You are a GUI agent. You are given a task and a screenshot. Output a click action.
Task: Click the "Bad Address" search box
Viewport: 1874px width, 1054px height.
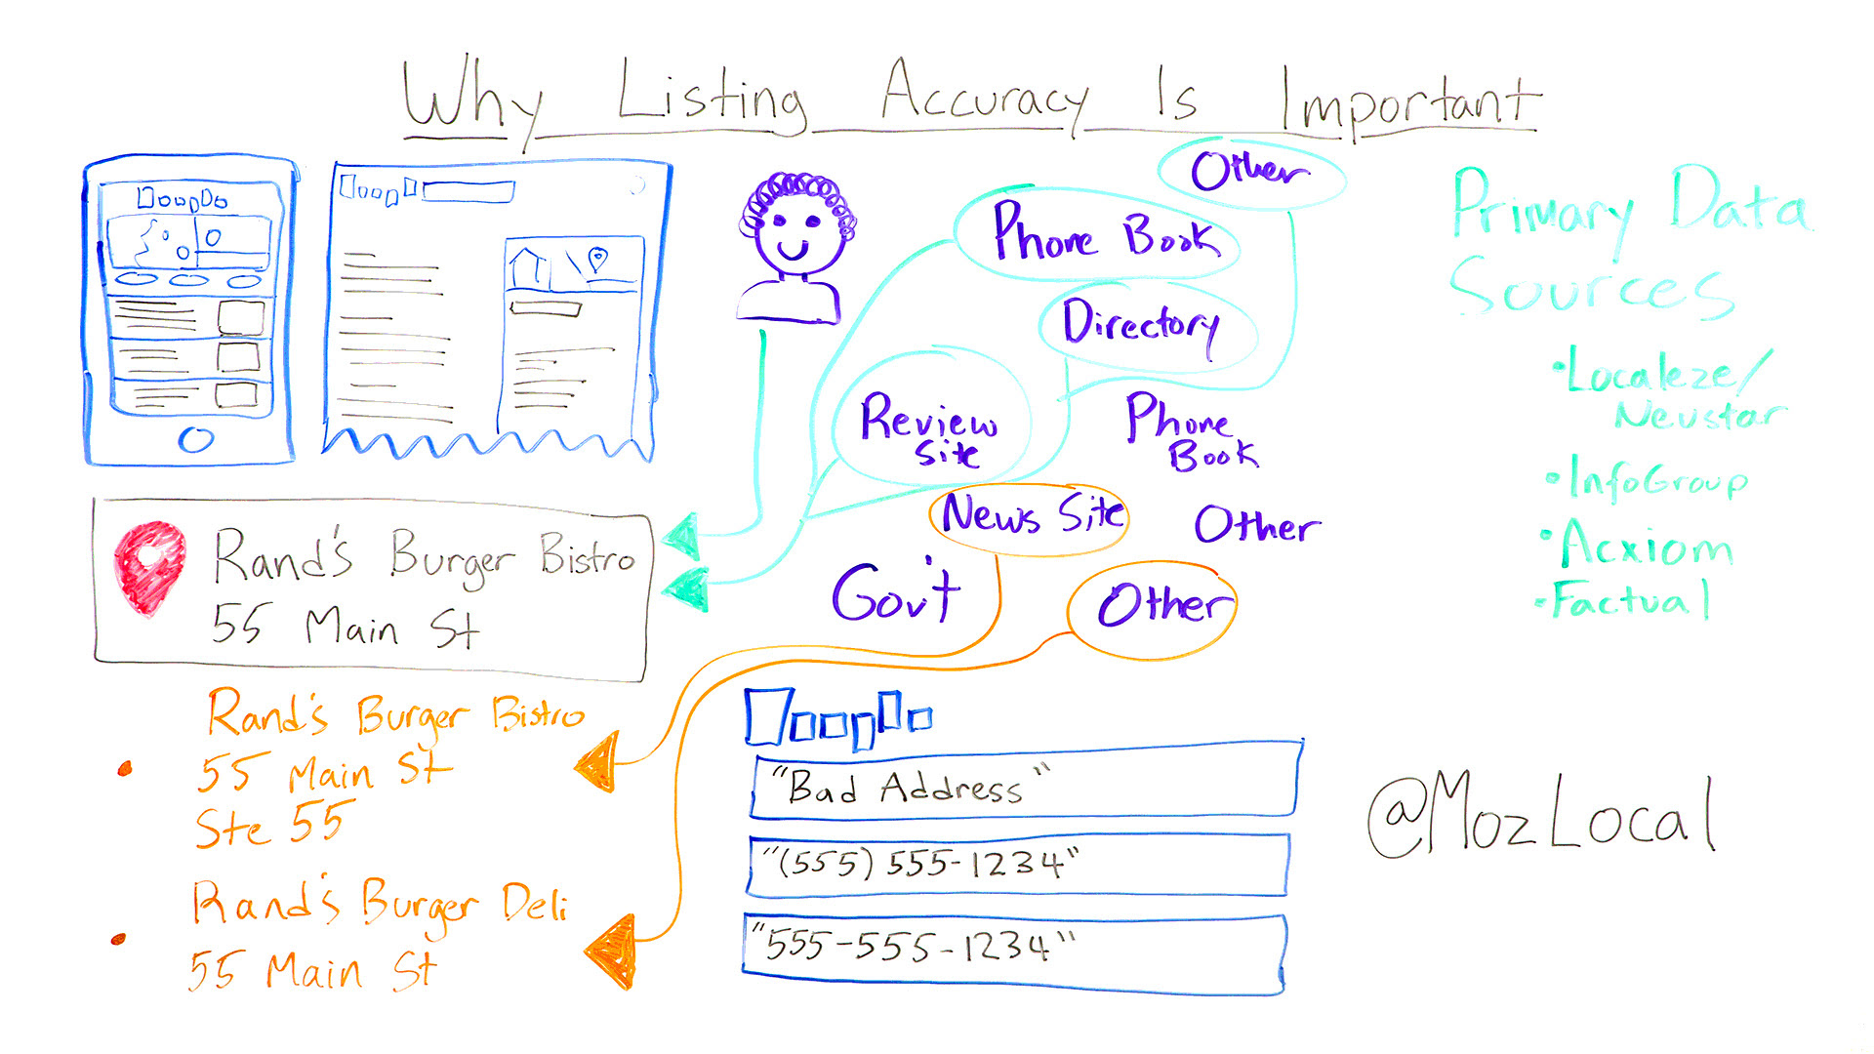(x=1025, y=787)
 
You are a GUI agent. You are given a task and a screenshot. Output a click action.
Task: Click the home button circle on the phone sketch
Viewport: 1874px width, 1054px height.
(x=195, y=440)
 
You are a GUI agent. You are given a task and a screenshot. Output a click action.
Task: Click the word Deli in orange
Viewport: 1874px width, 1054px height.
(x=535, y=904)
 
